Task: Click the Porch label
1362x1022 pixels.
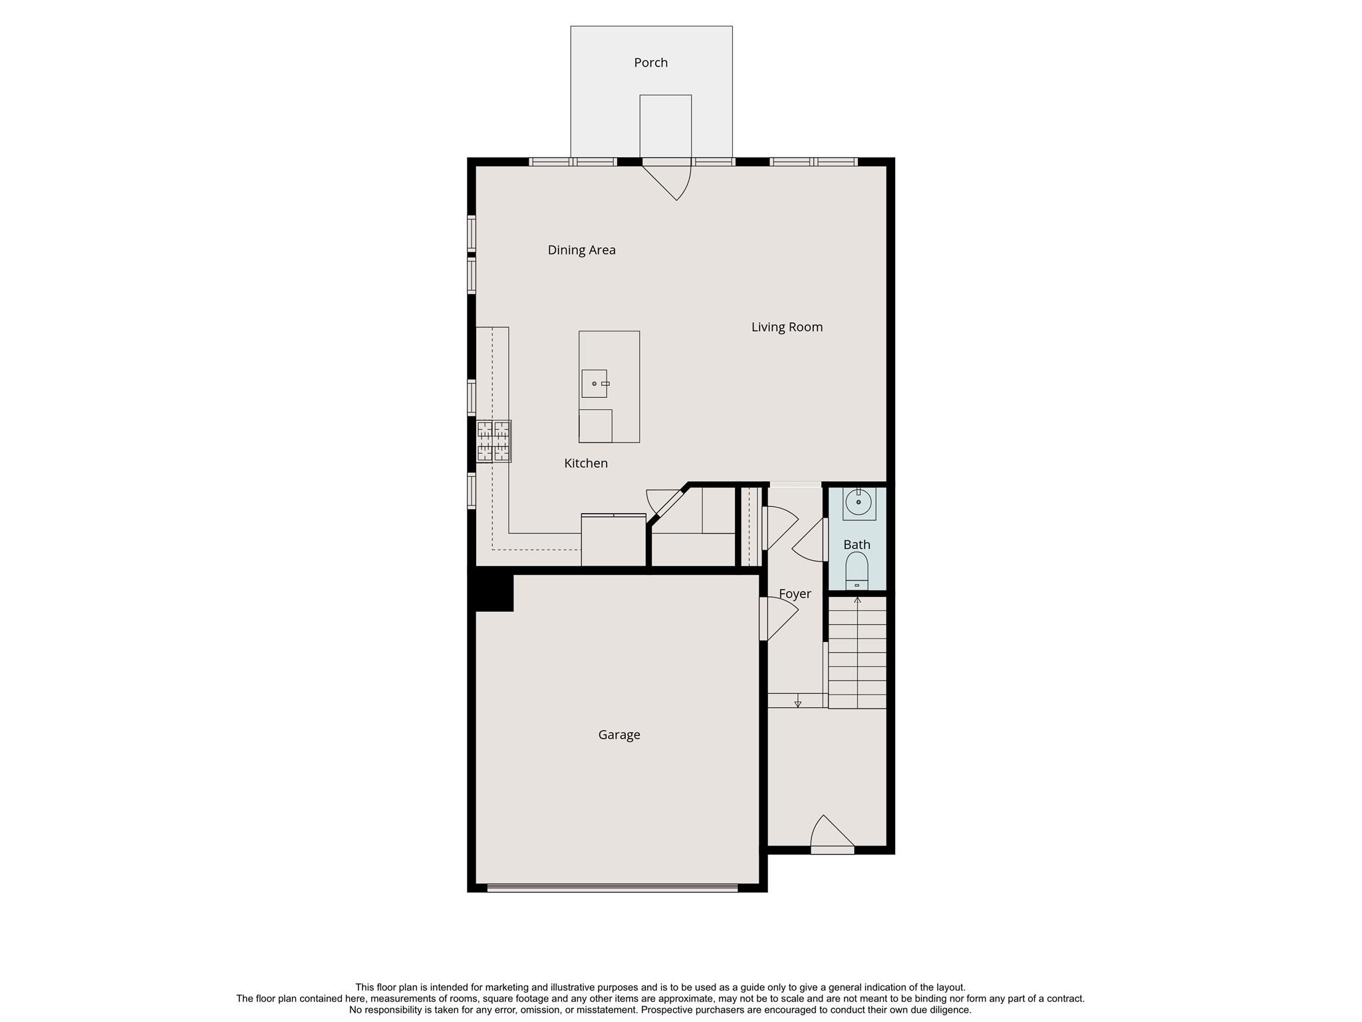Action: pos(650,63)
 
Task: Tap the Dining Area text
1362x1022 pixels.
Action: pos(581,250)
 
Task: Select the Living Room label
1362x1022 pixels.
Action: pos(787,327)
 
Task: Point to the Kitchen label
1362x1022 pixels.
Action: pos(585,463)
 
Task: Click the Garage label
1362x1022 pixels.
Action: pos(618,735)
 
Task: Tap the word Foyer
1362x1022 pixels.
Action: pos(795,594)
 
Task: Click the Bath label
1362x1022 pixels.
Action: pos(857,544)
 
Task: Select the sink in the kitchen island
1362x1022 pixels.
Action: pos(594,383)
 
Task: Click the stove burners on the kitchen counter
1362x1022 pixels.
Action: pos(493,441)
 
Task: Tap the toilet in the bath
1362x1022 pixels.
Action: pos(857,571)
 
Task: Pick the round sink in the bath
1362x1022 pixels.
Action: pos(859,502)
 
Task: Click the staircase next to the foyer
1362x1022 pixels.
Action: pos(857,652)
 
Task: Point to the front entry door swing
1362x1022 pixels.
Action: pos(831,834)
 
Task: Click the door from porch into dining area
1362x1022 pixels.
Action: pos(672,178)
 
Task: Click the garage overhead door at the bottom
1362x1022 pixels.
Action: pos(612,887)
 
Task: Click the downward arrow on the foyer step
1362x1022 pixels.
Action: pos(798,703)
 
